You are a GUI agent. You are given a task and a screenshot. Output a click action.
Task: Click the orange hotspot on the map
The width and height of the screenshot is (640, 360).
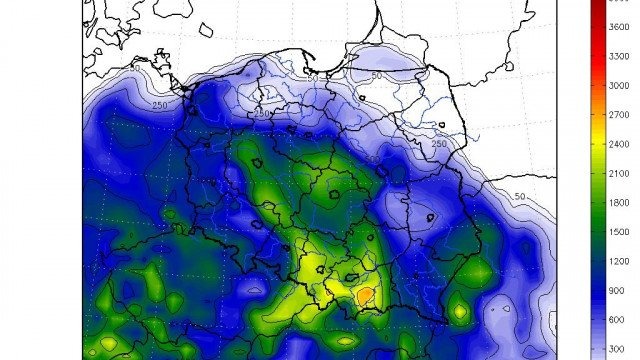click(x=366, y=293)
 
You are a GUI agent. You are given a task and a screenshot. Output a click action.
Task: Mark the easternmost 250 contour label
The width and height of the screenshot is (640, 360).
click(x=438, y=146)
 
